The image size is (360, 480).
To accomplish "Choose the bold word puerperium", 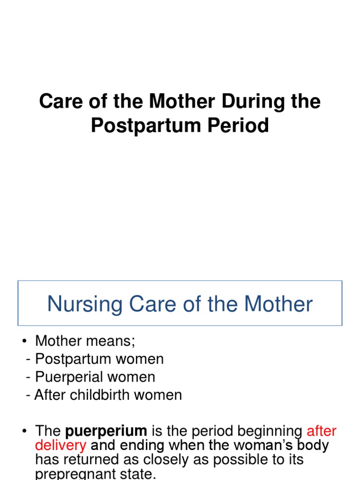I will (x=106, y=431).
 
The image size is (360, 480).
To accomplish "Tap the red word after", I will (x=322, y=431).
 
